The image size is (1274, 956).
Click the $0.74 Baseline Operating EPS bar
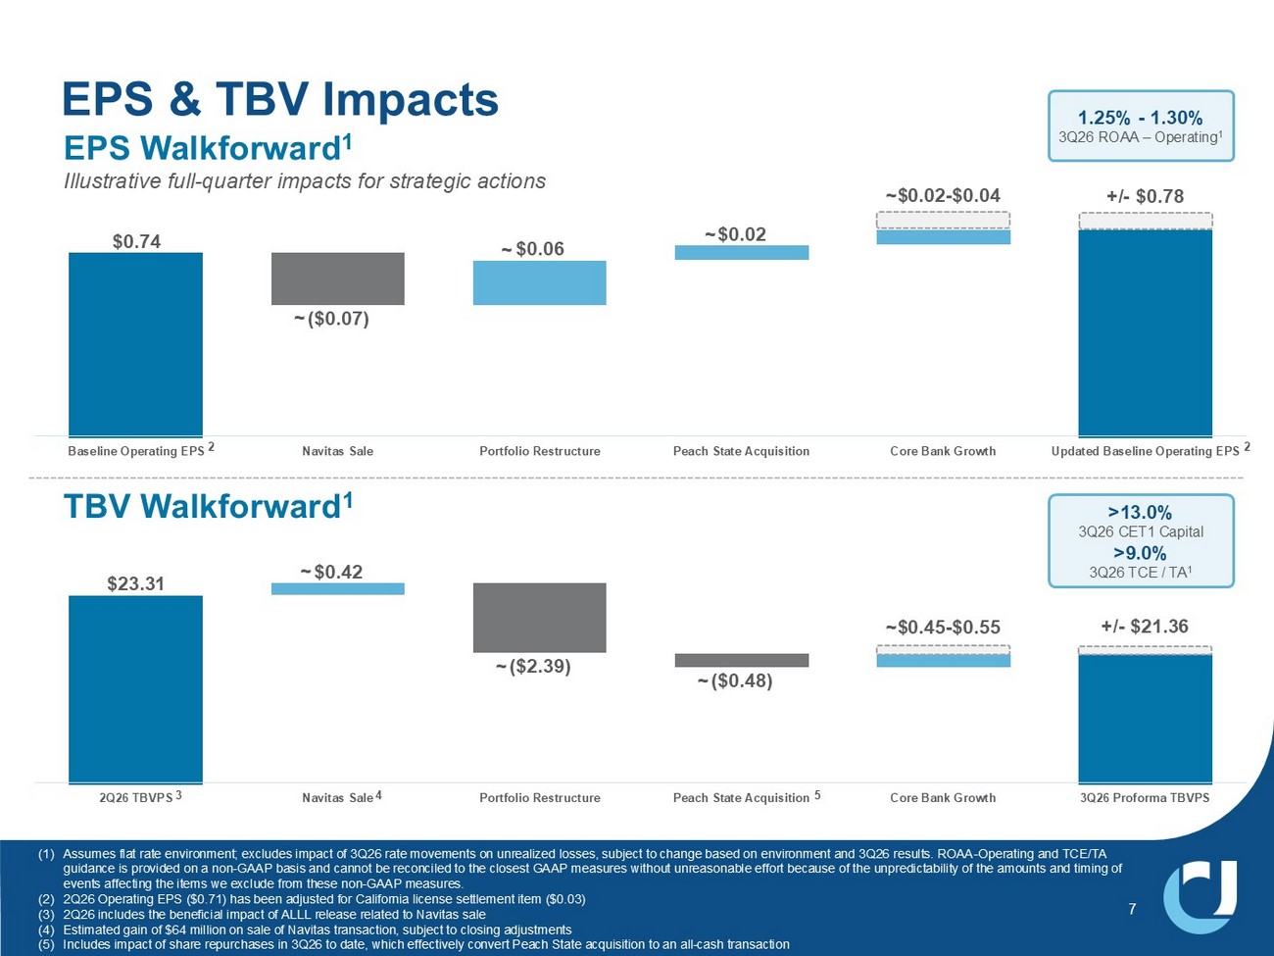(x=136, y=344)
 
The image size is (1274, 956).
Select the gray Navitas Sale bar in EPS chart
(x=338, y=278)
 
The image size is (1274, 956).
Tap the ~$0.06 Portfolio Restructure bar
(x=540, y=282)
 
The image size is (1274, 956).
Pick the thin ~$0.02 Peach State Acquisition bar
(x=742, y=253)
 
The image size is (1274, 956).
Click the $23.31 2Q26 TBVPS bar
(x=136, y=689)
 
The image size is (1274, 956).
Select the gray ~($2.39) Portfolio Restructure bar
(x=540, y=618)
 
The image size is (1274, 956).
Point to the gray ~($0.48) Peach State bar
(x=742, y=660)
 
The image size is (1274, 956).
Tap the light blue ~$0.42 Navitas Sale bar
(x=338, y=588)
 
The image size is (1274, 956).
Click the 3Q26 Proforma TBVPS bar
(x=1146, y=719)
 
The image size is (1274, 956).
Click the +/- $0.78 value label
(x=1146, y=196)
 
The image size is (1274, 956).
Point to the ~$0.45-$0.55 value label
(x=943, y=627)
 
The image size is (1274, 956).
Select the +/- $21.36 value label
(x=1146, y=627)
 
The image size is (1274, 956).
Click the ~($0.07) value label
(x=331, y=319)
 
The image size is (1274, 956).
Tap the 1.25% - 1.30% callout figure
(x=1141, y=118)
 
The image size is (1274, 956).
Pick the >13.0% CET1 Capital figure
(x=1141, y=512)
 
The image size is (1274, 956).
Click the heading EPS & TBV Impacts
(x=280, y=99)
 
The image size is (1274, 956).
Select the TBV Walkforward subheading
(x=208, y=506)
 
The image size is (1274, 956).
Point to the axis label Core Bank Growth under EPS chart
(x=943, y=451)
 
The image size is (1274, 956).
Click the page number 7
(x=1132, y=909)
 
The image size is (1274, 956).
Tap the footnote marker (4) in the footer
(x=46, y=930)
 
